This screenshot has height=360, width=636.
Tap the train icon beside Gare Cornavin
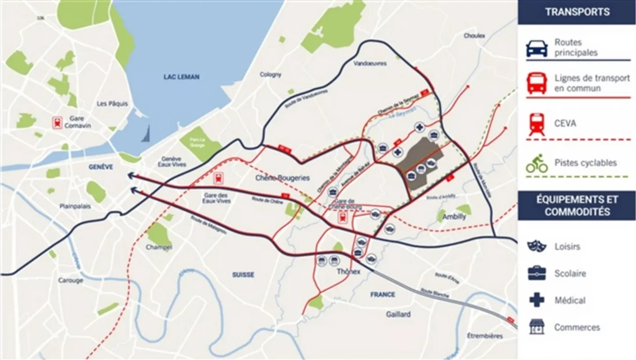pos(57,123)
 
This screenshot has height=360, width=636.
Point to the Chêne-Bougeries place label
pos(283,178)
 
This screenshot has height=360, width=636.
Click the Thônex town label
pos(348,272)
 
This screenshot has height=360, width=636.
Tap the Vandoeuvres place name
pos(370,64)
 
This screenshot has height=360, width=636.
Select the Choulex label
pos(474,36)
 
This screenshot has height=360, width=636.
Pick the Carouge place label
pos(70,280)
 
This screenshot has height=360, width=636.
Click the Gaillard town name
pos(398,314)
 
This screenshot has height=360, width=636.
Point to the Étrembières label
pos(485,336)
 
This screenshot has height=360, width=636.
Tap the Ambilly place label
pos(454,217)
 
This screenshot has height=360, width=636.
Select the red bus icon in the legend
pos(537,83)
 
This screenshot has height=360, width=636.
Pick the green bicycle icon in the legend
pos(537,163)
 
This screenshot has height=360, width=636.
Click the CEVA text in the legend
pos(565,123)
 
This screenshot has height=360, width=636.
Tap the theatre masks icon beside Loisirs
pos(537,246)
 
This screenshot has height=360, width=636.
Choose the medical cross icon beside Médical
pos(537,300)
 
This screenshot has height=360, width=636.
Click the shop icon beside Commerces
pos(537,327)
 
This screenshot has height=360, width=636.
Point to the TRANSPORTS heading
pos(577,12)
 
